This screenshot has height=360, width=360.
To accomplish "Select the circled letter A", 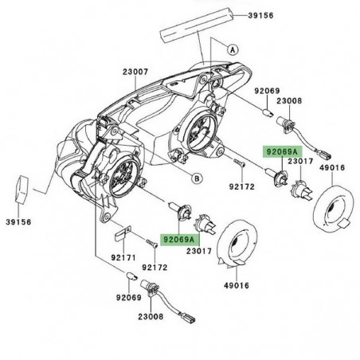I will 233,49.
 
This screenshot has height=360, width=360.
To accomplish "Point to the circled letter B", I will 195,177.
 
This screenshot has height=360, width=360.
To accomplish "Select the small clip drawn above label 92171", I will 123,236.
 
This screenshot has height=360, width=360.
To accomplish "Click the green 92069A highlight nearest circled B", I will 280,151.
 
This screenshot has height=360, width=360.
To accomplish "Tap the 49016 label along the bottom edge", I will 236,284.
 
